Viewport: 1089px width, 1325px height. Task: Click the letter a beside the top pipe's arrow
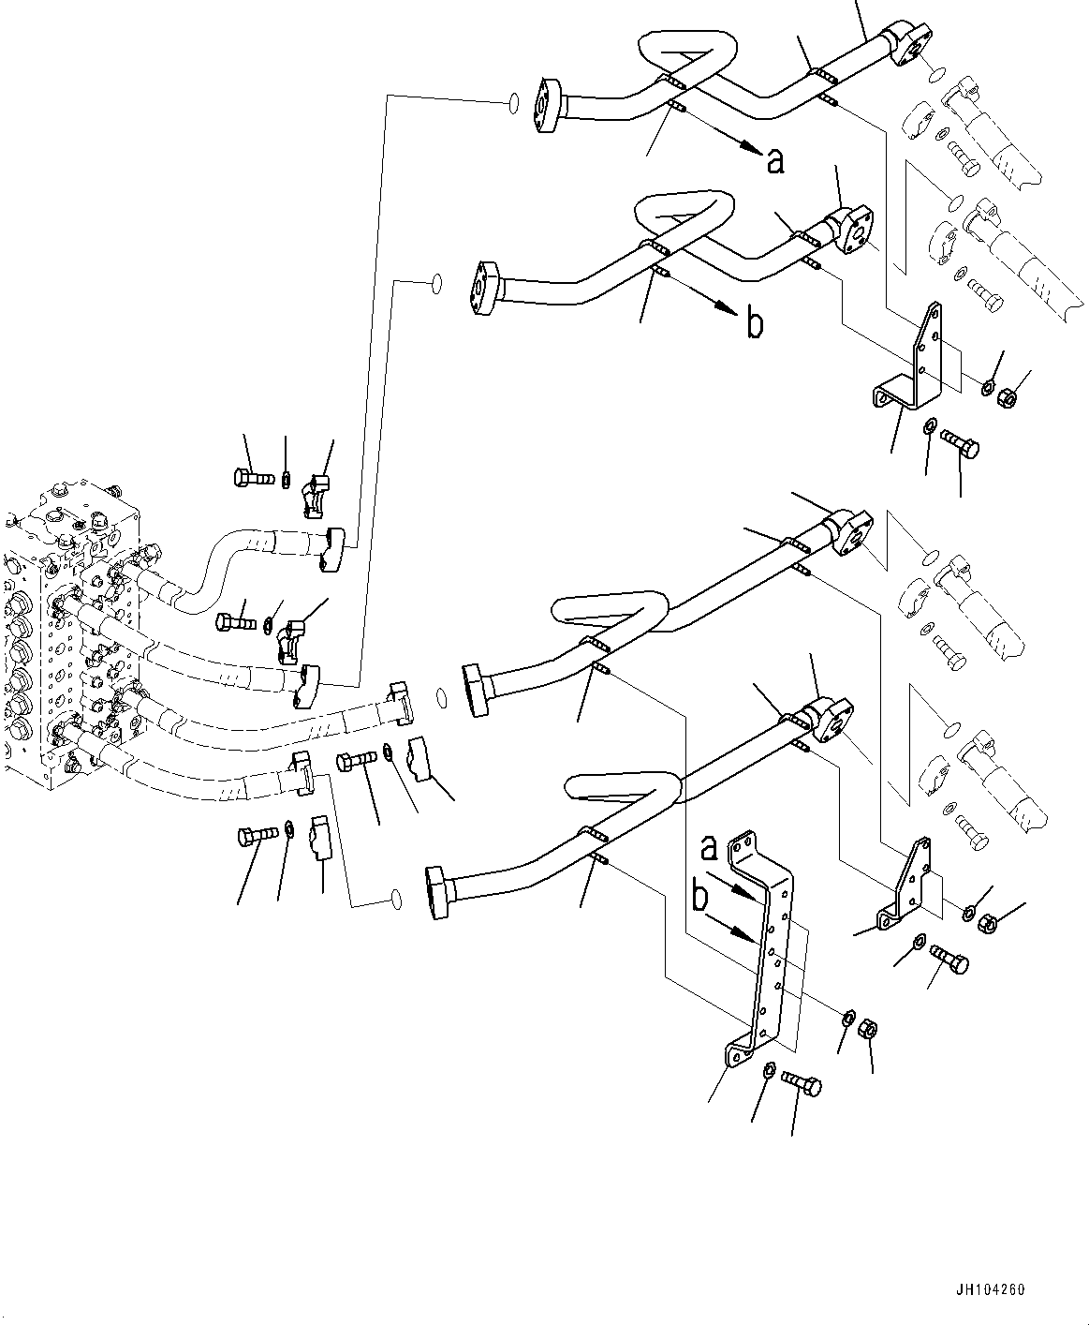point(774,161)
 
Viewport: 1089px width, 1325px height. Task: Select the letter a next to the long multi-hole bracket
point(711,849)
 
